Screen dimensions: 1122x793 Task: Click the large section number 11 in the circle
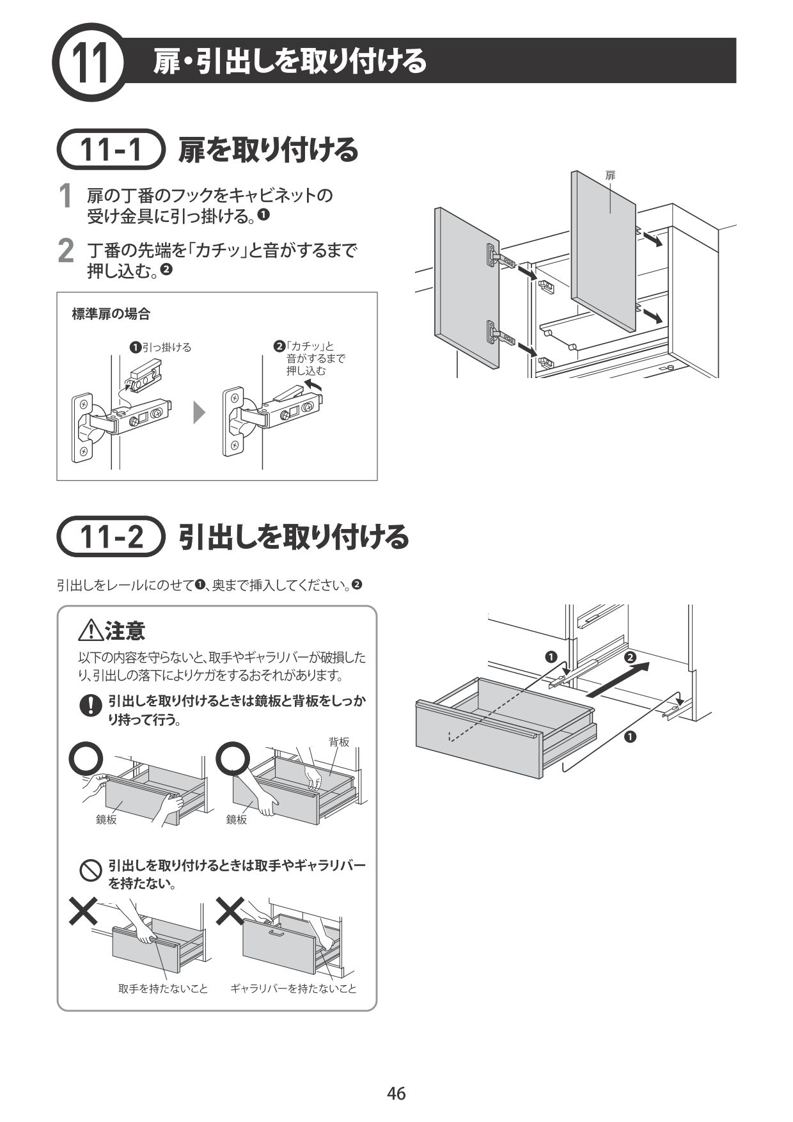(x=90, y=63)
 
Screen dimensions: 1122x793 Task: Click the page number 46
(x=396, y=1093)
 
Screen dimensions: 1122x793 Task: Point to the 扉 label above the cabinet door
(x=610, y=175)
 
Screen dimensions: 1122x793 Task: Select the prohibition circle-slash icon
(x=91, y=871)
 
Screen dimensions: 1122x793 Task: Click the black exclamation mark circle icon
(x=91, y=705)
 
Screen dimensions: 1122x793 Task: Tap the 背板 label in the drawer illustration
(x=339, y=742)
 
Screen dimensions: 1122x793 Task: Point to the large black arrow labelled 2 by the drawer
(x=617, y=681)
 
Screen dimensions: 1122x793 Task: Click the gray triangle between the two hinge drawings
(x=200, y=413)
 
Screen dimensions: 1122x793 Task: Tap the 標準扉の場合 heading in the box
(x=111, y=314)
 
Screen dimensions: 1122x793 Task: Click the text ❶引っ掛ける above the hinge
(x=161, y=347)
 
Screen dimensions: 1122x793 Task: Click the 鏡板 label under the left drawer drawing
(x=106, y=819)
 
